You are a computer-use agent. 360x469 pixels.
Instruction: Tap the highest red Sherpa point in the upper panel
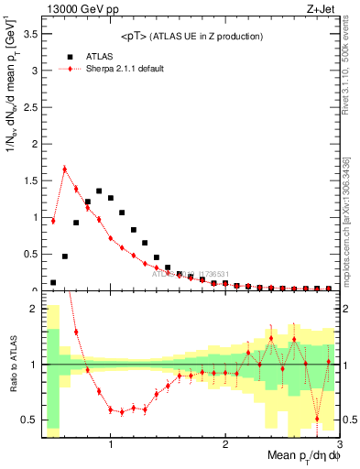[65, 169]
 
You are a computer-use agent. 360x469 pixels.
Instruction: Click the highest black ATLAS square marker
[99, 191]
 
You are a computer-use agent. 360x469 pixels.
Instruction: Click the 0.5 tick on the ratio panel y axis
[28, 420]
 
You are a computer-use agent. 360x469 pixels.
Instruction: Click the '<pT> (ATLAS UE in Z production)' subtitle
[191, 36]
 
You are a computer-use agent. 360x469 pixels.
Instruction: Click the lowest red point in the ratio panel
[317, 419]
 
